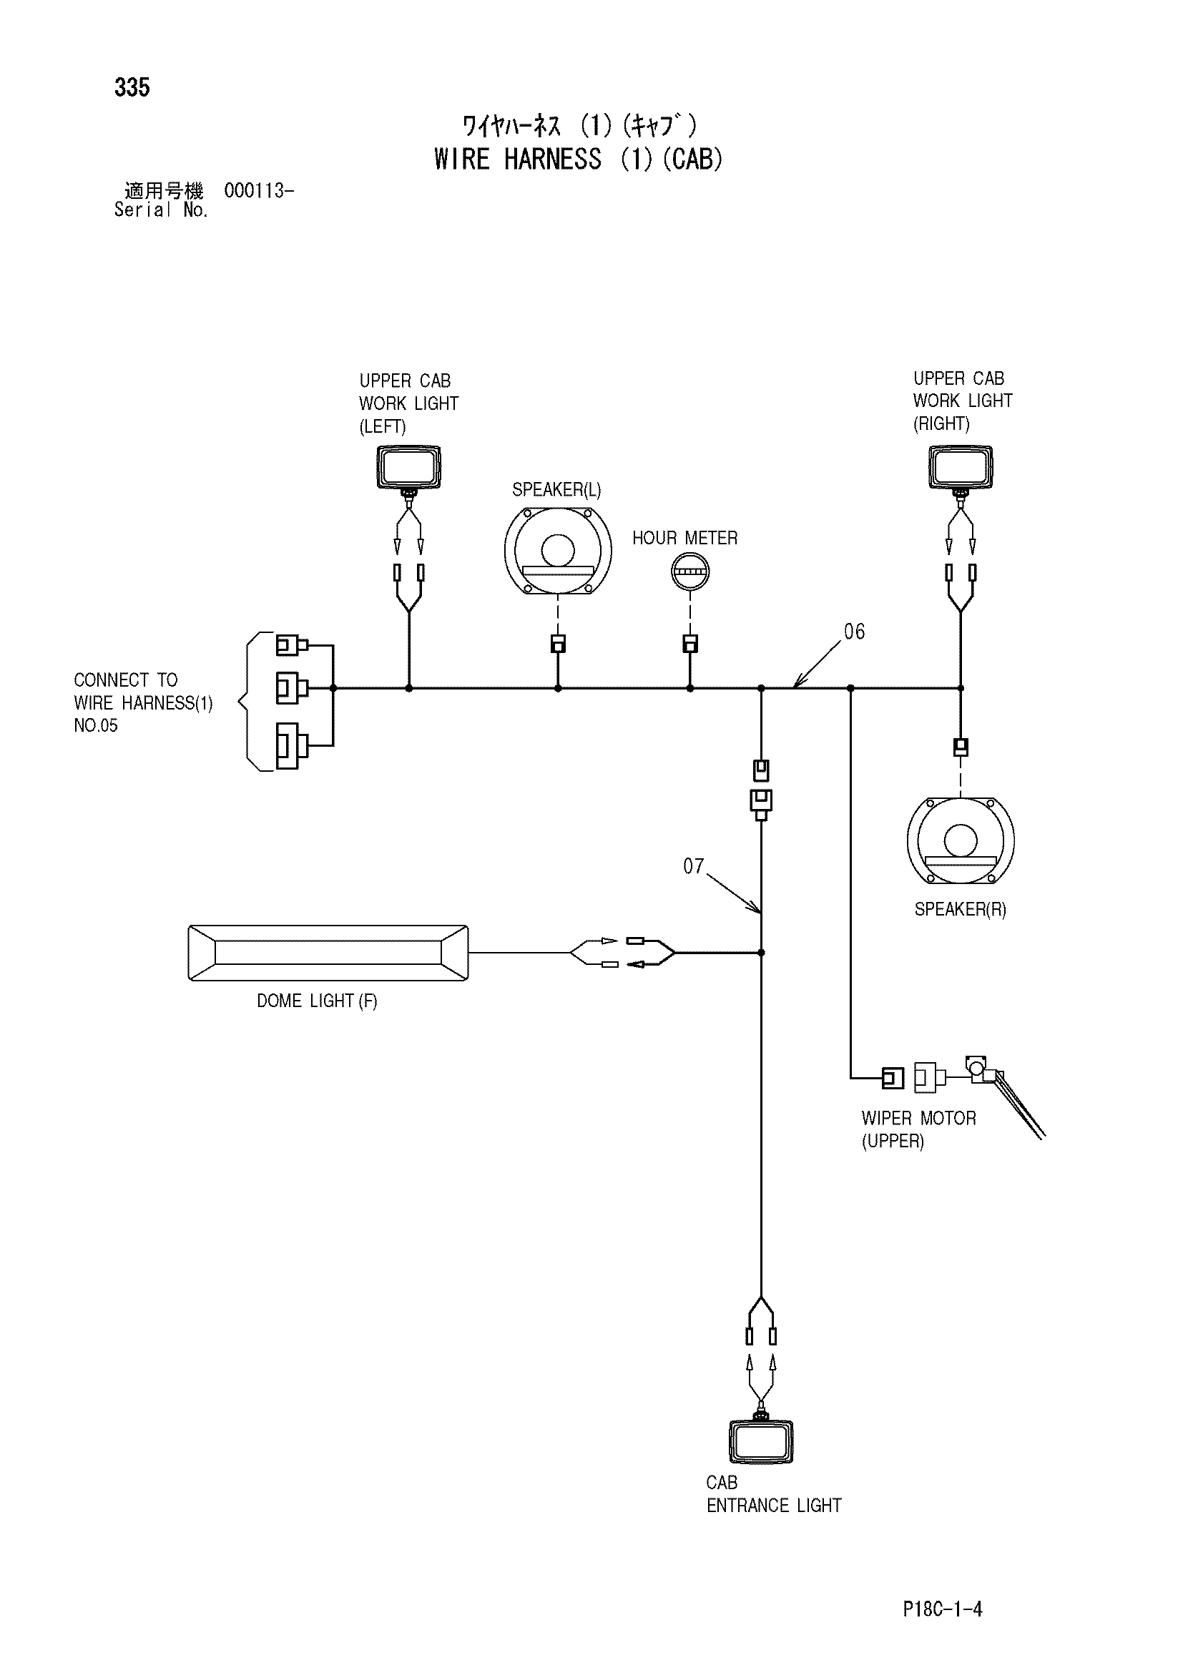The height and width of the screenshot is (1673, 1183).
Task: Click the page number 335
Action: (132, 87)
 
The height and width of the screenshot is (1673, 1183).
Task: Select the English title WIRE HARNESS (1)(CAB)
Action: (579, 159)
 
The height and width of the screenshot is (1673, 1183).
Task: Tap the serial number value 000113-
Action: (259, 191)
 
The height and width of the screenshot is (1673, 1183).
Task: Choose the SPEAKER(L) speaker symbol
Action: (558, 550)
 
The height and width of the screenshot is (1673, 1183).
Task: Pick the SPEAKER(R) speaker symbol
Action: (961, 841)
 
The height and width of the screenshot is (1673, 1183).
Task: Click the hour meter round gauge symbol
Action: (689, 571)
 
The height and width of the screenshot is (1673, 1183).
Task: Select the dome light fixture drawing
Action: (328, 953)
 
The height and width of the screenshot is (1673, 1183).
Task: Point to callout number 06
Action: (855, 632)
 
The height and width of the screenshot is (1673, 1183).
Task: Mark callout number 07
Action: (694, 866)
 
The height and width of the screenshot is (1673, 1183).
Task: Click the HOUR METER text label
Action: (684, 539)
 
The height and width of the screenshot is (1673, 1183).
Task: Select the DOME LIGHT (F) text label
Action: (317, 1001)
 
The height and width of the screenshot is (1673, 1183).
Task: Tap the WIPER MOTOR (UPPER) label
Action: (918, 1130)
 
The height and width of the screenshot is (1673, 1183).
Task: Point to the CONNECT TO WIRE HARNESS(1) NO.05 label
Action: (144, 702)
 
